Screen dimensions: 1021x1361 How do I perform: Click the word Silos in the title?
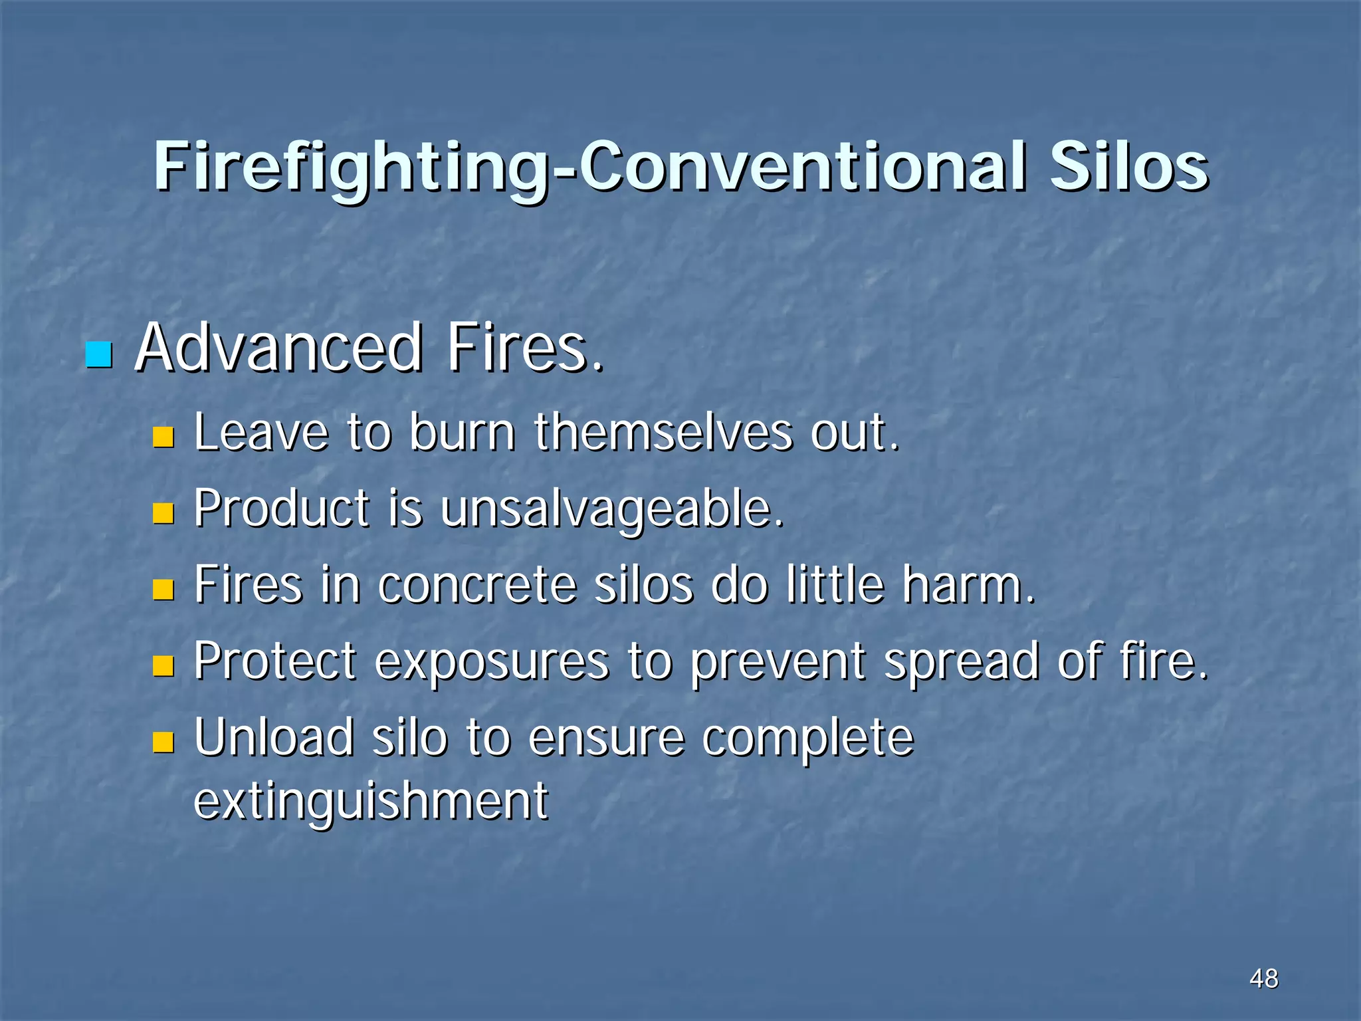[1128, 166]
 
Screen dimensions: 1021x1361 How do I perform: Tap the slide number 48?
[1263, 978]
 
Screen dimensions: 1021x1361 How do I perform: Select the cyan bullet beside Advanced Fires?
[99, 354]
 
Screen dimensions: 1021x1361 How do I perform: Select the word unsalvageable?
[611, 510]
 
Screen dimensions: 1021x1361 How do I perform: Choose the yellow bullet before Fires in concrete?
[163, 589]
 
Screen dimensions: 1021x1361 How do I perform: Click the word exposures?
[492, 663]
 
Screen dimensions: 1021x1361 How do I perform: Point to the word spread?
[961, 663]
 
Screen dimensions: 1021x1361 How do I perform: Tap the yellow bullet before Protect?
[163, 665]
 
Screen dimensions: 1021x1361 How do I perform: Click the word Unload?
[274, 738]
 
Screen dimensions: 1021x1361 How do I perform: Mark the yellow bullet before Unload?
[163, 742]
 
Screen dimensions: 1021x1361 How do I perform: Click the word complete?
[807, 739]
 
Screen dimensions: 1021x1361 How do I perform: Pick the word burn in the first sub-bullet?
[462, 433]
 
